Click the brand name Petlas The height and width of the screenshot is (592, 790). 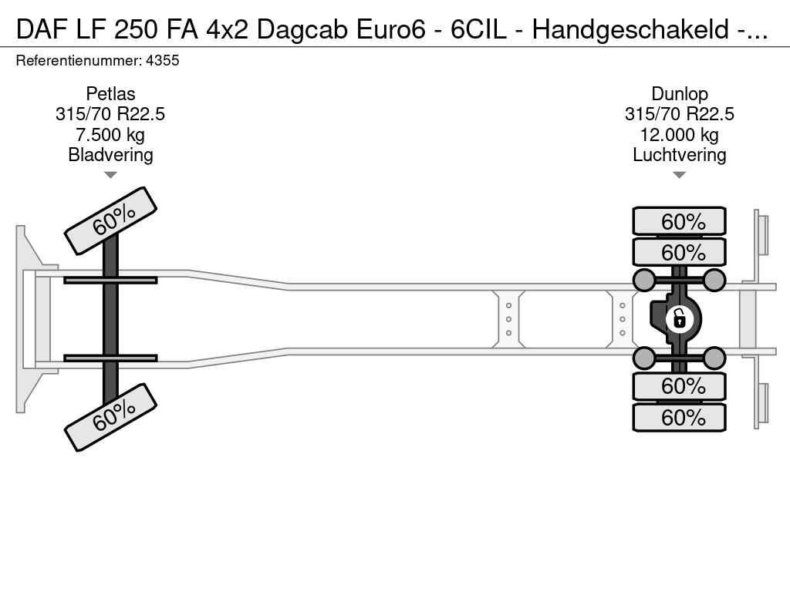point(110,93)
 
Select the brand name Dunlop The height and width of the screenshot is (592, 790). point(679,93)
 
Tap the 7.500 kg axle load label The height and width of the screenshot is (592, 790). point(110,134)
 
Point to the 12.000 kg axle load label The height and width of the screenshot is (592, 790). point(679,134)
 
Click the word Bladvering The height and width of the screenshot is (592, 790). point(110,154)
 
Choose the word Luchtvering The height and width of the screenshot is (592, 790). point(679,154)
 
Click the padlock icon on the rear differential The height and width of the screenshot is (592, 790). point(679,318)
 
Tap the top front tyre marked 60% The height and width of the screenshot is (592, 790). point(110,221)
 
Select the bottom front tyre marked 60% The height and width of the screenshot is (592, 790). point(110,417)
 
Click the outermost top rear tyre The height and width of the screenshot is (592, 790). point(679,221)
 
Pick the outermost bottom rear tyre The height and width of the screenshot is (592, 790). point(679,417)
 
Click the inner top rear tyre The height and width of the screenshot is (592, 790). point(679,252)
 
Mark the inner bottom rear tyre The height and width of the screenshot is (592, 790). point(679,387)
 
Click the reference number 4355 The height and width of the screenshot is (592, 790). point(162,60)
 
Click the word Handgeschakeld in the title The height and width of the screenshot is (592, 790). point(630,30)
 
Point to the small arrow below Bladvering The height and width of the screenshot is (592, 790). point(110,175)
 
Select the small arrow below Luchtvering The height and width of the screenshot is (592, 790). point(679,175)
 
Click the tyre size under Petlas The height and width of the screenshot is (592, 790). point(110,114)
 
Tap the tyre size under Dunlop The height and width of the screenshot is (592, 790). point(679,114)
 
